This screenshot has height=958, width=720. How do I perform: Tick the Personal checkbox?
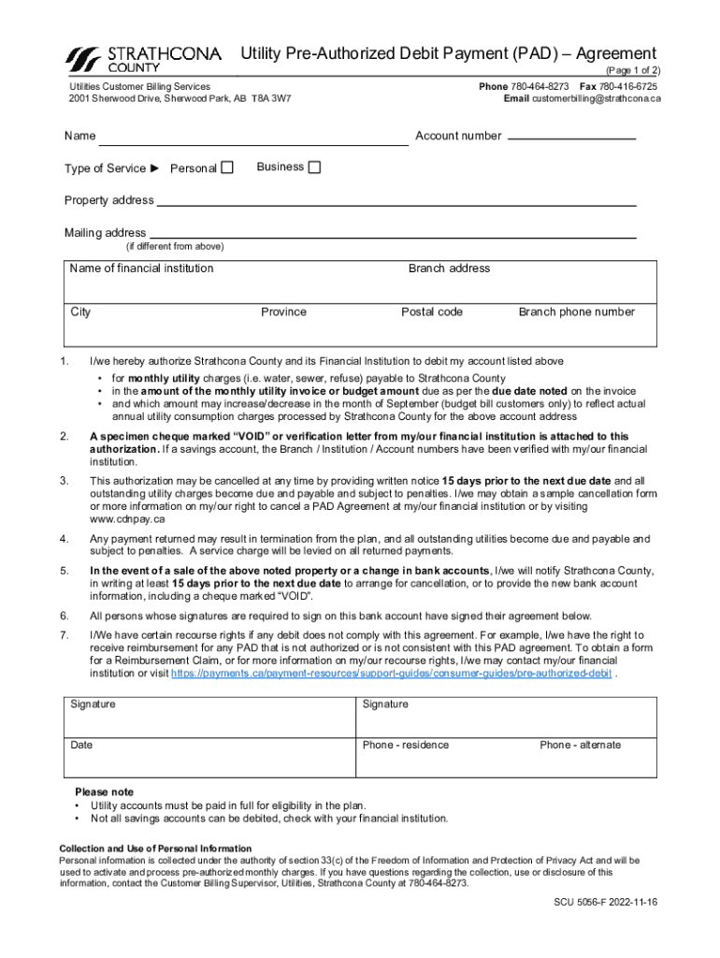226,168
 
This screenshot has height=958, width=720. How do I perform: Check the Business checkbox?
314,167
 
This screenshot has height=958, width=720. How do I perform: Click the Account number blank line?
570,138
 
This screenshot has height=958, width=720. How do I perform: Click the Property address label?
108,200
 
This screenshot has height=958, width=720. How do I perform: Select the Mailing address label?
105,232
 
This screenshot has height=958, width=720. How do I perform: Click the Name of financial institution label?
141,269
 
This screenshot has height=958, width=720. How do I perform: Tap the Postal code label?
431,312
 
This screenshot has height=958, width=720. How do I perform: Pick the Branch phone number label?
576,312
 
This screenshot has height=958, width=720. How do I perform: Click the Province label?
283,312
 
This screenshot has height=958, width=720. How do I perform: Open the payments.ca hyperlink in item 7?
393,673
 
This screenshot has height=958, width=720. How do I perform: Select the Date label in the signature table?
81,745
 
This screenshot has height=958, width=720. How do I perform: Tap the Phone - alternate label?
580,745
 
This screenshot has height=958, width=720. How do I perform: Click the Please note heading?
104,791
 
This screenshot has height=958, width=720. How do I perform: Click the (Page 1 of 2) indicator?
633,70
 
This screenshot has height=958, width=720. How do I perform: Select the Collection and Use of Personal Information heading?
155,849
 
